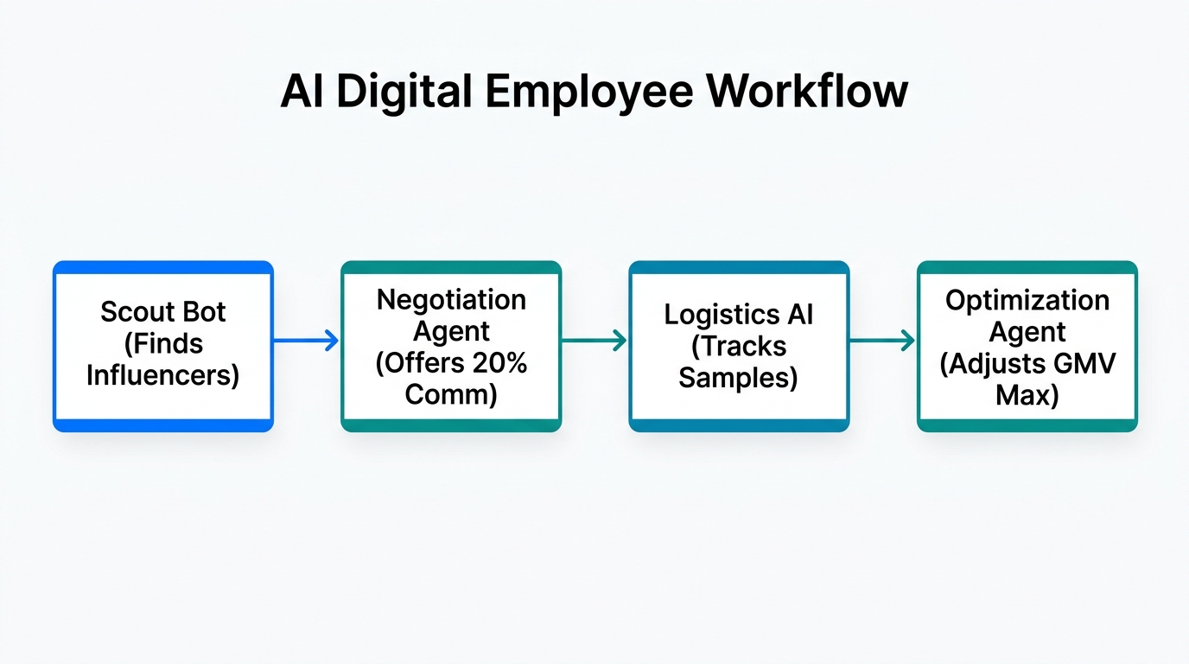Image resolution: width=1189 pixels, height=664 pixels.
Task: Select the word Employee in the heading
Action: tap(582, 92)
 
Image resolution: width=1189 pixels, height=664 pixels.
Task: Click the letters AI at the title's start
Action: tap(302, 92)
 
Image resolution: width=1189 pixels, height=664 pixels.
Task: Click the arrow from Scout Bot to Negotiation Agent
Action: tap(306, 341)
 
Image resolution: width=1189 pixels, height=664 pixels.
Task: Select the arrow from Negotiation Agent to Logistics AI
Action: tap(594, 341)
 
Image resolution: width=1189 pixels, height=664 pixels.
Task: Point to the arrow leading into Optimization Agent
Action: tap(881, 341)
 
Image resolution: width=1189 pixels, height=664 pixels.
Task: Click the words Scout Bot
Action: tap(162, 312)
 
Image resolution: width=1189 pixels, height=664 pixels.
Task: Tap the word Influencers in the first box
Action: tap(162, 376)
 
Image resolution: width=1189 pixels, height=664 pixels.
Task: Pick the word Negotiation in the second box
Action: tap(451, 300)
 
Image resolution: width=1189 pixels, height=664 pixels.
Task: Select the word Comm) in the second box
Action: tap(451, 395)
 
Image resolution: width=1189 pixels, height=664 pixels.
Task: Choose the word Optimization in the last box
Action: tap(1027, 300)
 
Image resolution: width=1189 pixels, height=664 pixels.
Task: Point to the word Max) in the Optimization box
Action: tap(1027, 395)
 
